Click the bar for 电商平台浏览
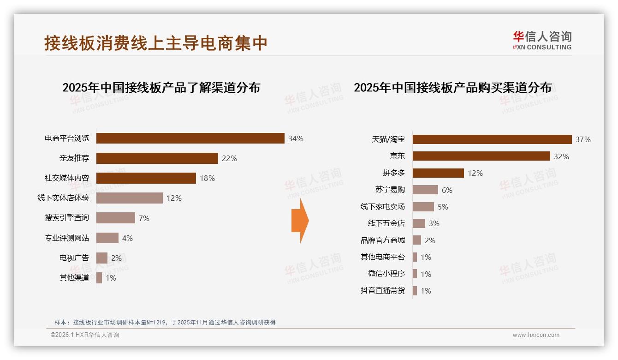[190, 138]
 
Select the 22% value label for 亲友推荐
[229, 158]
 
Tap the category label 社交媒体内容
[67, 178]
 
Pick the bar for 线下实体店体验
[130, 198]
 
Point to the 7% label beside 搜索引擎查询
[144, 218]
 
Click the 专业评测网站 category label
[67, 238]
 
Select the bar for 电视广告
[102, 258]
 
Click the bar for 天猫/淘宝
[492, 139]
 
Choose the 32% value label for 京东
[561, 156]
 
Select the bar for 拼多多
[438, 173]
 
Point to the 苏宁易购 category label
[390, 190]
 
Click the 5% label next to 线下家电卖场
[443, 207]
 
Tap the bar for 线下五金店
[419, 223]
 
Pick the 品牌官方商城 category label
[382, 240]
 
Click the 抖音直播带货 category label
[382, 291]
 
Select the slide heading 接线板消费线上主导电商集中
[156, 43]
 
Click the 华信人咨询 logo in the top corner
[542, 40]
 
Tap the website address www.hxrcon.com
[536, 335]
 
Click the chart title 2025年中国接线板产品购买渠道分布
[452, 88]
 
